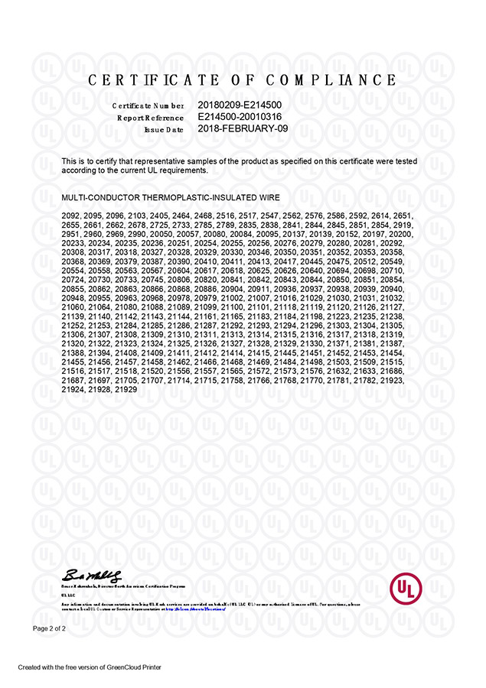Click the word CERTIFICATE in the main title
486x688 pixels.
(153, 80)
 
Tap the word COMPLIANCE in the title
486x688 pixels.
(341, 80)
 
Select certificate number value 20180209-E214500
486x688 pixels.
(240, 105)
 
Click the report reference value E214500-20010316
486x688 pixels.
(240, 117)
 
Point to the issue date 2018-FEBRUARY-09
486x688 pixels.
(243, 129)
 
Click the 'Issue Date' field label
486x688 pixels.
(164, 130)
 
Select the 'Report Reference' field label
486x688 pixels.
(150, 118)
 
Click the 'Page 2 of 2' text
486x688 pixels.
(49, 628)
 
